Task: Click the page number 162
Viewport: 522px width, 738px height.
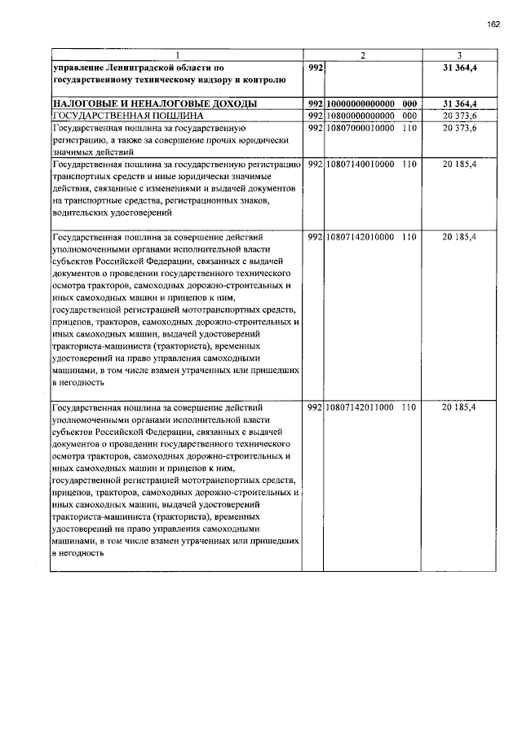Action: click(493, 24)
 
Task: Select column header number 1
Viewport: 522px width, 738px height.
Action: click(177, 55)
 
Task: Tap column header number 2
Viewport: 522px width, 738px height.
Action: click(363, 55)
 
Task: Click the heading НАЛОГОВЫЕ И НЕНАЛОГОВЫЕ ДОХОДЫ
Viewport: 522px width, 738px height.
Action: click(155, 104)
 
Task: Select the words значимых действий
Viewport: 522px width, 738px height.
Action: click(86, 153)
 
